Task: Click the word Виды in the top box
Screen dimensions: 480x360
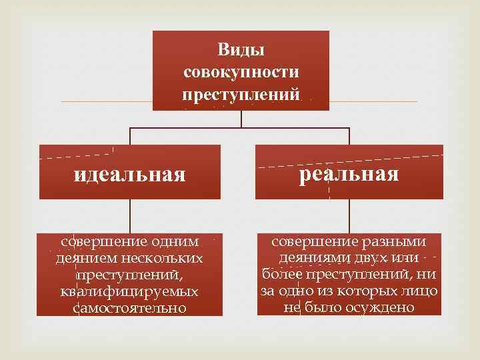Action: point(241,50)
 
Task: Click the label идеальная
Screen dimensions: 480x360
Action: point(129,175)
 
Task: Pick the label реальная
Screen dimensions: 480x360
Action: point(349,175)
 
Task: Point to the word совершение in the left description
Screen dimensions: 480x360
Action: point(96,242)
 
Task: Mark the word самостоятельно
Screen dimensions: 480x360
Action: point(129,308)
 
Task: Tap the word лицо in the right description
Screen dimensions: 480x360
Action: point(420,291)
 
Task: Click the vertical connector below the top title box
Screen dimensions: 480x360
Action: point(241,119)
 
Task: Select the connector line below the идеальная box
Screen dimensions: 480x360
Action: point(130,217)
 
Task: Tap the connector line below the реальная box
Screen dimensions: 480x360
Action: point(349,217)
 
